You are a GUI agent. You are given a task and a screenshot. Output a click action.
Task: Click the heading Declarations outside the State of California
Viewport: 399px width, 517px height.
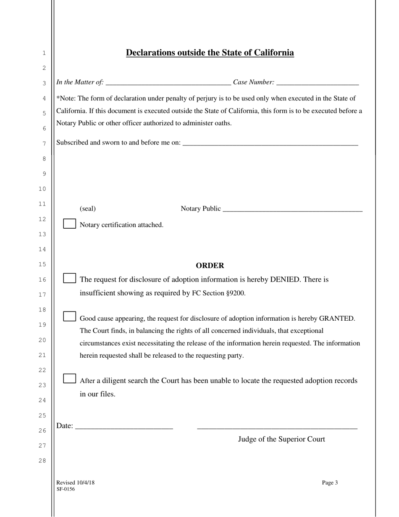(210, 53)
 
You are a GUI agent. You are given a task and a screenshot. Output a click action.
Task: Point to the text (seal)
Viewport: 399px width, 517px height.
(88, 209)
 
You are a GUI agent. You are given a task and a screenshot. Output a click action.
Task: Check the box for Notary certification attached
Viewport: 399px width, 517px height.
(69, 224)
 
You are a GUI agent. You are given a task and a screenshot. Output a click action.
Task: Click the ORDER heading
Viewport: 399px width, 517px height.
(210, 266)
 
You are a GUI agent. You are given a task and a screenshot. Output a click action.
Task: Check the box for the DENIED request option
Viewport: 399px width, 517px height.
(69, 278)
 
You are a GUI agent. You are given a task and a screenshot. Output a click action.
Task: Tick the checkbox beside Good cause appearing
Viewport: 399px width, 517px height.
(69, 317)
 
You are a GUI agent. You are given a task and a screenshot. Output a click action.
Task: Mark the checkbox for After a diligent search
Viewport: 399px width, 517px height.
(69, 379)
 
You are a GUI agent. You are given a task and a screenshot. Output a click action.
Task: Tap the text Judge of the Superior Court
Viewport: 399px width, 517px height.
(281, 440)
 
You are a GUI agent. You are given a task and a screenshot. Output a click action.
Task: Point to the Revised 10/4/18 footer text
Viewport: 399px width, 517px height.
(76, 483)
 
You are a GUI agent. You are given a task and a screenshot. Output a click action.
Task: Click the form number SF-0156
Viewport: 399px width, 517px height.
(66, 489)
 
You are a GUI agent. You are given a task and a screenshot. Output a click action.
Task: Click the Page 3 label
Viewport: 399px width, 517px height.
(330, 483)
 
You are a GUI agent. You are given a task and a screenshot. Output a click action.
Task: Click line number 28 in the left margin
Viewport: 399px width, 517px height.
(42, 461)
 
